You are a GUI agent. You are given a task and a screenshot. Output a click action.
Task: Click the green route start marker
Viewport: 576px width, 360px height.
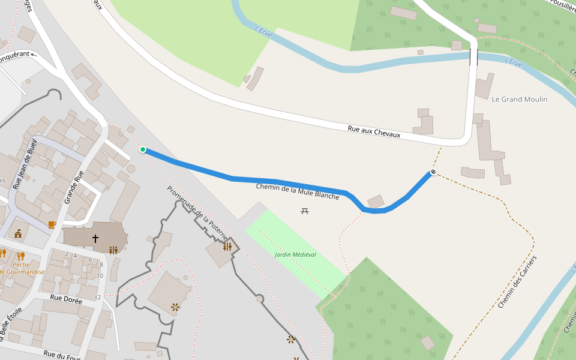(x=143, y=149)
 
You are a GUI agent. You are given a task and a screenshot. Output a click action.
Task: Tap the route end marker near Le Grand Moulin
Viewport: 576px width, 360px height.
(x=433, y=173)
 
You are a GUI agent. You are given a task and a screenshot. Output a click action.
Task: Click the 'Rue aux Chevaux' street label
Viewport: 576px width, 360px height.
(x=374, y=131)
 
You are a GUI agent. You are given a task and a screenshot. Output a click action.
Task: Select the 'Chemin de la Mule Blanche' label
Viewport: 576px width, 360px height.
(x=298, y=191)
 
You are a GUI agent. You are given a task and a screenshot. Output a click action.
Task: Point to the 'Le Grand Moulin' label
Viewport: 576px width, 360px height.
(x=520, y=99)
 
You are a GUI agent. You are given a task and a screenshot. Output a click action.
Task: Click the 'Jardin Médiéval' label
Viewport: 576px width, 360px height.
(x=295, y=254)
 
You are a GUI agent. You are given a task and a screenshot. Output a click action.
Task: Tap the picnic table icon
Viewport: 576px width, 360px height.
(x=305, y=211)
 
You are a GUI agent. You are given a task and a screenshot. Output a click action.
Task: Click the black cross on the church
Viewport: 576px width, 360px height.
(x=95, y=239)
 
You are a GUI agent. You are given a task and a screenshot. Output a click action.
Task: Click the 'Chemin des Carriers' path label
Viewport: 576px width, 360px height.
(x=517, y=281)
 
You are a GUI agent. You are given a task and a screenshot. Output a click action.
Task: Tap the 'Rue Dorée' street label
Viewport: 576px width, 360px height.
(x=66, y=298)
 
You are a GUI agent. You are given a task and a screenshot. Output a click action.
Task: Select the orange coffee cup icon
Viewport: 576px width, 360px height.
(x=52, y=225)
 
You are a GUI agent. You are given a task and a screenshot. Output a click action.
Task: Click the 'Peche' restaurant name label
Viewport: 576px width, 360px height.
(x=22, y=265)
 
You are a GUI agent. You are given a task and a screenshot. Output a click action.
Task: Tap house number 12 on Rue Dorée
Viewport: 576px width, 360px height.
(x=98, y=298)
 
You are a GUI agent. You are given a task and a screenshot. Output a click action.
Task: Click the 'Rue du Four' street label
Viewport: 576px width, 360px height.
(x=62, y=355)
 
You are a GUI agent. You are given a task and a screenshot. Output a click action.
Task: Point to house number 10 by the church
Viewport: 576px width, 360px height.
(x=100, y=275)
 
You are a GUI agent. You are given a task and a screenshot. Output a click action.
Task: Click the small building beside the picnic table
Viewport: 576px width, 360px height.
(x=376, y=202)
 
